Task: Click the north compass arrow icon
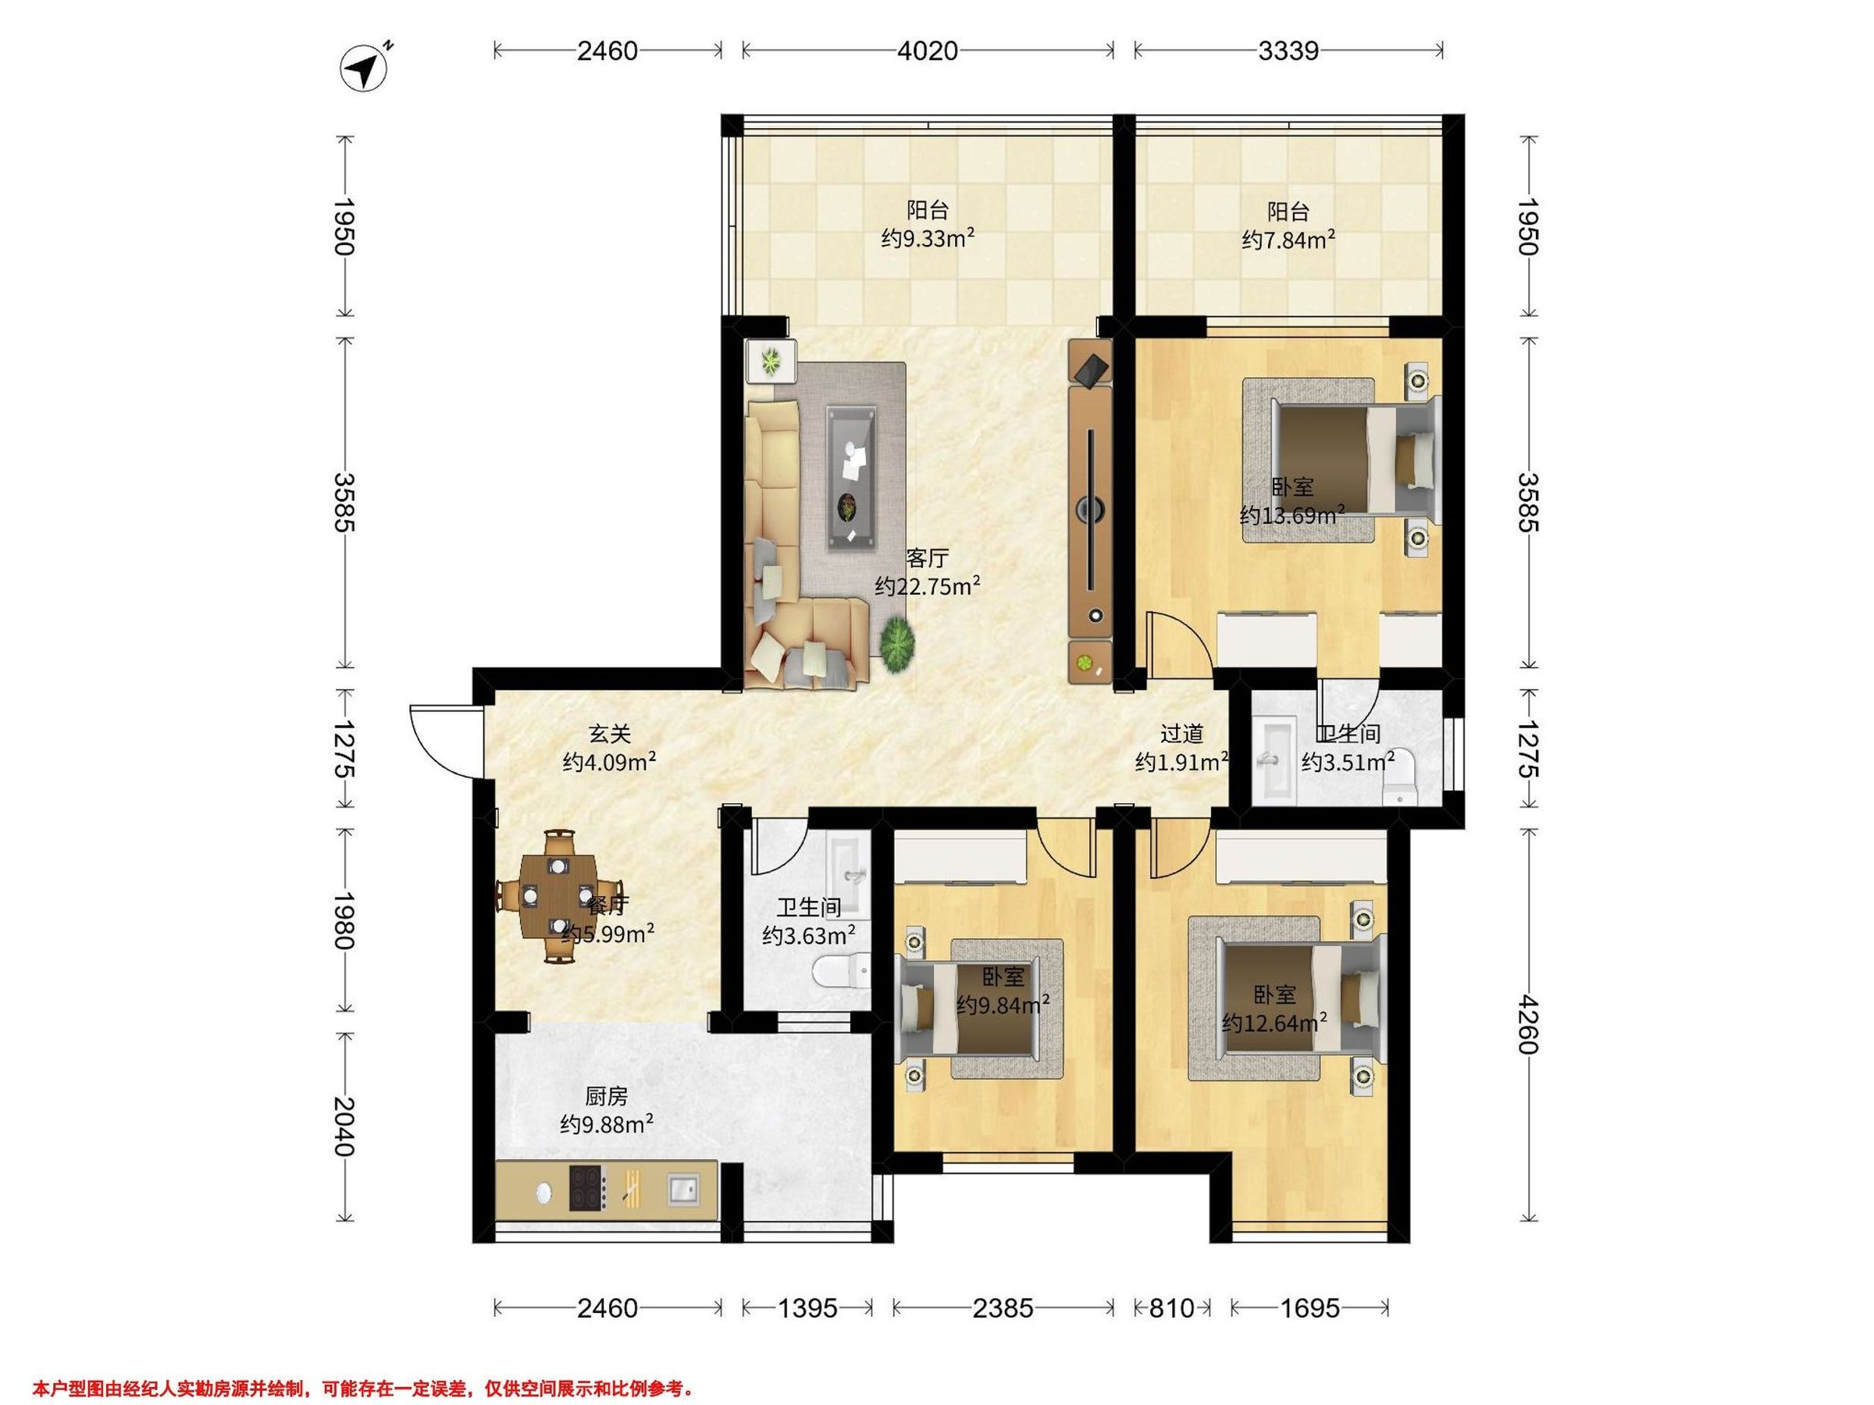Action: pos(365,67)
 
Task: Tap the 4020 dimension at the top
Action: pos(928,51)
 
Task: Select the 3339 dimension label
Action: pos(1288,51)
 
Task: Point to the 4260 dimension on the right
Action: pos(1527,1024)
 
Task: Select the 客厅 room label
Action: pos(928,558)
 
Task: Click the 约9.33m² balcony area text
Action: pos(928,239)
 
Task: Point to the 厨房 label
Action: pos(607,1097)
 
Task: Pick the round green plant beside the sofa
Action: pos(897,646)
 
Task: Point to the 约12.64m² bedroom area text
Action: pos(1274,1023)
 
